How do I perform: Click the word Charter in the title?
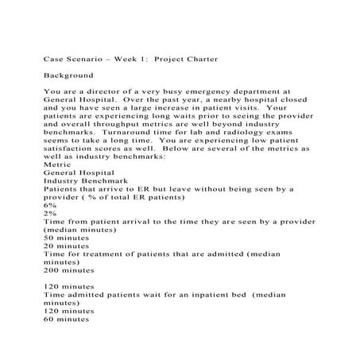(x=200, y=59)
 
